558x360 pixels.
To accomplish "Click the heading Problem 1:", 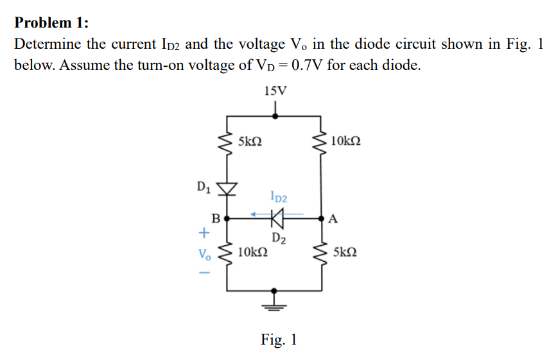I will point(51,23).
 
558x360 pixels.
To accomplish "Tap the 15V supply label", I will point(275,90).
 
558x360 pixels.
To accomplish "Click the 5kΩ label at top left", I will point(250,141).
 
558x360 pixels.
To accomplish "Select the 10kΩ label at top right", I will point(347,141).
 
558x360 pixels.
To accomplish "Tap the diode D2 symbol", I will point(276,219).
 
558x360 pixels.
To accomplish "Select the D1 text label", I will point(203,187).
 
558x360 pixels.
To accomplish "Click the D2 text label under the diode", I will point(278,239).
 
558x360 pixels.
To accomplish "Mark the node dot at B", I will point(227,219).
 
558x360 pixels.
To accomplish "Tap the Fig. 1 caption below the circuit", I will point(279,339).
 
